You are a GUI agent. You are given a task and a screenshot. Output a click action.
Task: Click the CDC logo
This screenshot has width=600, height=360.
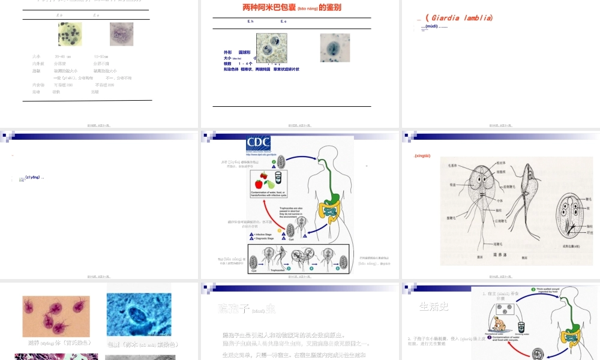click(x=258, y=144)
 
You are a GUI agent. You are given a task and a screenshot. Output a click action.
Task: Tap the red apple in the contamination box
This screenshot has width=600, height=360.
click(x=259, y=183)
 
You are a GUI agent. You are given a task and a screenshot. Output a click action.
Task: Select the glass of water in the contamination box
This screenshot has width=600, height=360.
click(x=277, y=180)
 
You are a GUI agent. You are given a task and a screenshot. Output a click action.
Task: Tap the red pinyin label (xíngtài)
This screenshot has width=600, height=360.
click(x=423, y=156)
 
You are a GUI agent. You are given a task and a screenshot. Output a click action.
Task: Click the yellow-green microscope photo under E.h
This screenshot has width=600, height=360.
click(x=70, y=34)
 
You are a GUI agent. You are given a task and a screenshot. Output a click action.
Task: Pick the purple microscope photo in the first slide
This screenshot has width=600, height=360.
click(x=121, y=34)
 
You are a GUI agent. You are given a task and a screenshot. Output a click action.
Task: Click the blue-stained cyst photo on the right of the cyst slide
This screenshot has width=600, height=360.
click(x=335, y=48)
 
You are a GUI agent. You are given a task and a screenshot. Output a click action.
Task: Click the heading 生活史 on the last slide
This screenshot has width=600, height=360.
click(x=433, y=307)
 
